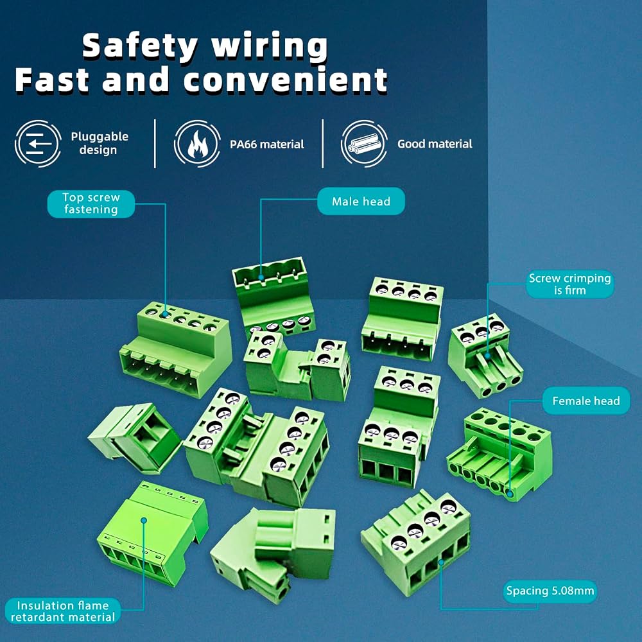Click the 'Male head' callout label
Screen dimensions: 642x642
(x=361, y=201)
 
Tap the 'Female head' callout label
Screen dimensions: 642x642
(x=586, y=401)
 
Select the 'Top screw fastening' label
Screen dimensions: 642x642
(x=91, y=204)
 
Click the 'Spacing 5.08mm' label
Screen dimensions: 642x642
(x=550, y=591)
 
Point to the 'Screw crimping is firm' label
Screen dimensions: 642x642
(x=570, y=284)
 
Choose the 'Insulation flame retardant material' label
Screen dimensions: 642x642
(x=63, y=611)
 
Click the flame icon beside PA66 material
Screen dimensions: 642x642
(x=197, y=144)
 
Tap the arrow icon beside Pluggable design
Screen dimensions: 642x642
(x=38, y=144)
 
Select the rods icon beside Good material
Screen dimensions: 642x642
(x=364, y=144)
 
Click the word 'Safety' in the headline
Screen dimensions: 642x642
(x=140, y=46)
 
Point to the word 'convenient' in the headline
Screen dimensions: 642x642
(x=286, y=80)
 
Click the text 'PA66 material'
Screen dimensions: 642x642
(x=267, y=144)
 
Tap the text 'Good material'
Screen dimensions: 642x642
(x=435, y=144)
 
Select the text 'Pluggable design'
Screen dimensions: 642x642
(x=100, y=143)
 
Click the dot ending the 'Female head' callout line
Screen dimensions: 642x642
(x=510, y=494)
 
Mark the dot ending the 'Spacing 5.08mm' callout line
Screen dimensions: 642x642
(x=441, y=562)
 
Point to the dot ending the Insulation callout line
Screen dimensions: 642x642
(x=144, y=521)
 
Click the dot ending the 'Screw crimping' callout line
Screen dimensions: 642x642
(x=488, y=356)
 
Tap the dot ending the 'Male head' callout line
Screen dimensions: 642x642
(x=261, y=277)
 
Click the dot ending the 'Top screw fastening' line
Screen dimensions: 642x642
(x=166, y=315)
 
